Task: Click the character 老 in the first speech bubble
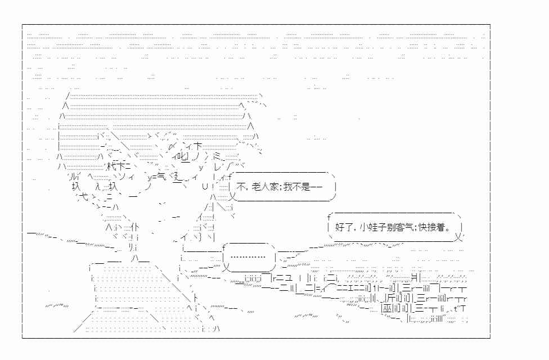[x=256, y=187]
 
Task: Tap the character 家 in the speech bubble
[x=273, y=187]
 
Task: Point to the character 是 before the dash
[x=305, y=187]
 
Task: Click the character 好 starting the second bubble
[x=340, y=228]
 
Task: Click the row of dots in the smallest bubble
[x=248, y=258]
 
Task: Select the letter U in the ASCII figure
[x=205, y=187]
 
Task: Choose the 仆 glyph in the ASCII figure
[x=136, y=227]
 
